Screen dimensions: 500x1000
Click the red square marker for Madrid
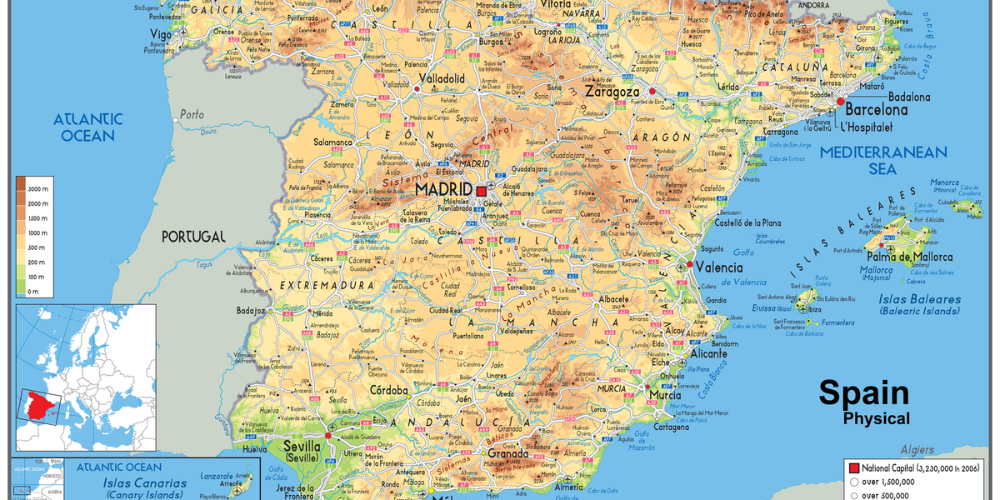coord(481,191)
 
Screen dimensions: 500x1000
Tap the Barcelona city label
coord(877,109)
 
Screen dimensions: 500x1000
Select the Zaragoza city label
coord(612,92)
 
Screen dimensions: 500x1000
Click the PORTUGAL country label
coord(193,237)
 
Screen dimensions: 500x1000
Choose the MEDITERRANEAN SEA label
coord(883,161)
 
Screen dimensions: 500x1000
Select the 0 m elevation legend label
coord(33,291)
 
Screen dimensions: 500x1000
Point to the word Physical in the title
coord(877,418)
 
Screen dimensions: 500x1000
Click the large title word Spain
coord(863,392)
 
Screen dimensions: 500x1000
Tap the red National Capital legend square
coord(852,467)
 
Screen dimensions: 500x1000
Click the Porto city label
coord(192,114)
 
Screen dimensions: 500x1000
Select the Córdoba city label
coord(389,390)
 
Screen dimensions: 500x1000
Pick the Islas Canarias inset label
coord(144,483)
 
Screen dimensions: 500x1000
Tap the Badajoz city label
coord(250,311)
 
